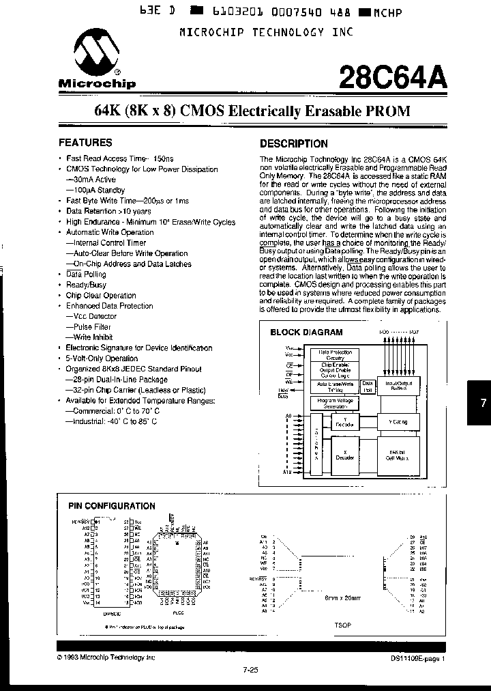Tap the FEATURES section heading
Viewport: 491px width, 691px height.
(x=85, y=143)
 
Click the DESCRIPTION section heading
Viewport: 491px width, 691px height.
(x=294, y=143)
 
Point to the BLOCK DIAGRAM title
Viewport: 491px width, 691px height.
(x=307, y=333)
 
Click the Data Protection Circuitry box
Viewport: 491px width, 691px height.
(x=335, y=354)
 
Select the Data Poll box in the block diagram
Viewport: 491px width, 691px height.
(x=368, y=386)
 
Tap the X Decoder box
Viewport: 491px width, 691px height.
(x=344, y=455)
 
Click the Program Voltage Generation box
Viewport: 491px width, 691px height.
(x=335, y=404)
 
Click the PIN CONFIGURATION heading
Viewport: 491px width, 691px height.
(x=112, y=506)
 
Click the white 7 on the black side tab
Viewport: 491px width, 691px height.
(x=483, y=404)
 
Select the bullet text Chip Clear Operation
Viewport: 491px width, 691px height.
(x=101, y=296)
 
